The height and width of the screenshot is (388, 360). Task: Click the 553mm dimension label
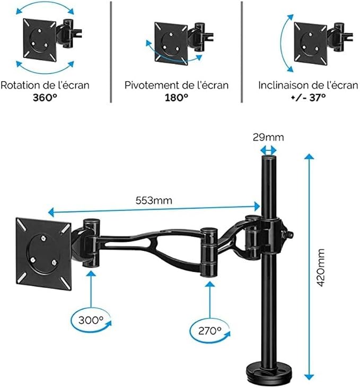tap(154, 200)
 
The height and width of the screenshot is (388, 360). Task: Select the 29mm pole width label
tap(268, 137)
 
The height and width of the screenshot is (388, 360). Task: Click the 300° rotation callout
tap(91, 321)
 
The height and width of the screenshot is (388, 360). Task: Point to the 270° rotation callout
tap(209, 331)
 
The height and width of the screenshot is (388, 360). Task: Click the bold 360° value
tap(45, 98)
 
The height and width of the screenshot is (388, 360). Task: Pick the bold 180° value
tap(177, 98)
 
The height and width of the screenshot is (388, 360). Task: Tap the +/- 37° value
tap(308, 98)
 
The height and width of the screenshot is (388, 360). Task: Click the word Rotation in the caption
tap(20, 85)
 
